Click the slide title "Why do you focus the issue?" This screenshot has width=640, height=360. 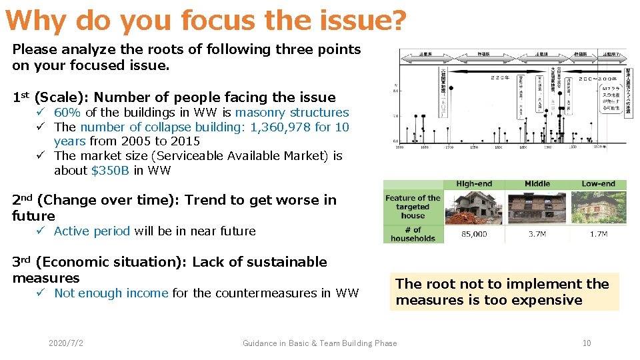point(205,21)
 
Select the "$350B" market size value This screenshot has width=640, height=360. point(110,170)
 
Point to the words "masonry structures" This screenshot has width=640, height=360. point(291,113)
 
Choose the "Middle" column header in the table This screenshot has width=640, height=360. point(537,184)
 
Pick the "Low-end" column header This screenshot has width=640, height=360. point(598,184)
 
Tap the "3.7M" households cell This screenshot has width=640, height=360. point(538,234)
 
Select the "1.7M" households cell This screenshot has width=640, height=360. point(598,234)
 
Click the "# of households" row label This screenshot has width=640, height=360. point(413,234)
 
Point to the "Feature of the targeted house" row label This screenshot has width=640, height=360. point(413,207)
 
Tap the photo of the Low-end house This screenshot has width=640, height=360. point(598,207)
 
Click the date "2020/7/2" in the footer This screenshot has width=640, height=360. point(65,343)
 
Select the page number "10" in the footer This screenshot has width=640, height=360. point(587,343)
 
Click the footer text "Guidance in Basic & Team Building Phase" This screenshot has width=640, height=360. point(319,343)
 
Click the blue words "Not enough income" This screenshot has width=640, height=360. point(111,293)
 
